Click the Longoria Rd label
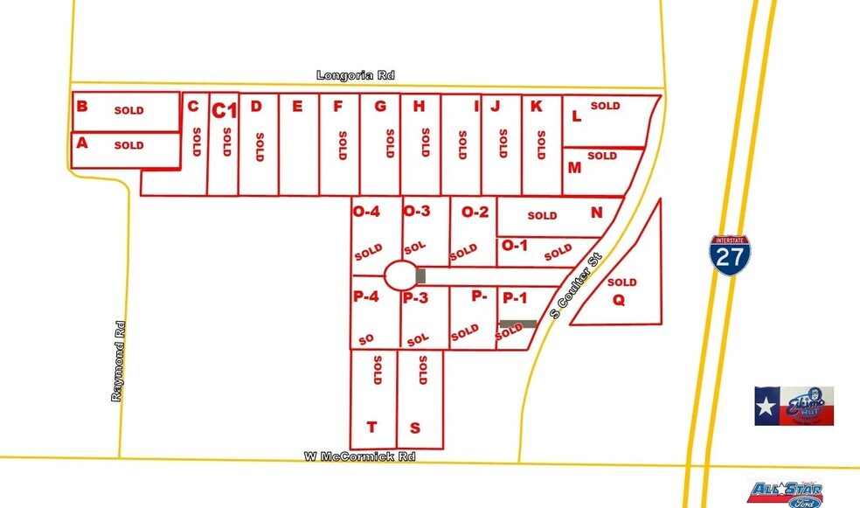coord(356,76)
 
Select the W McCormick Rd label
coord(359,456)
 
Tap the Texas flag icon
coord(768,407)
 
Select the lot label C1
coord(225,110)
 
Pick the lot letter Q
coord(619,300)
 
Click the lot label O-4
coord(365,211)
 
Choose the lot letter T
coord(371,427)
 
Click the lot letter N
coord(596,212)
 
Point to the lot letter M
coord(574,167)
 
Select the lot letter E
coord(297,107)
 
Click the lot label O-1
coord(515,246)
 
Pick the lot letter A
coord(83,143)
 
